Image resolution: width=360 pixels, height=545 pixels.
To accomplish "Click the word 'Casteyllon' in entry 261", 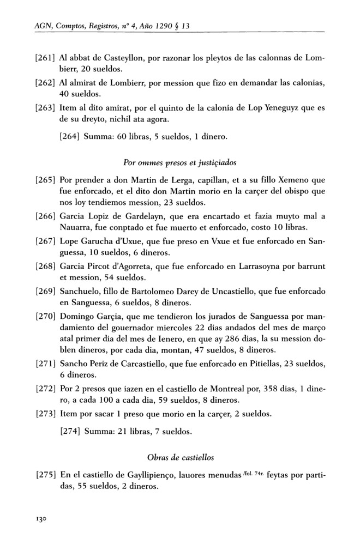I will [x=118, y=58].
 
